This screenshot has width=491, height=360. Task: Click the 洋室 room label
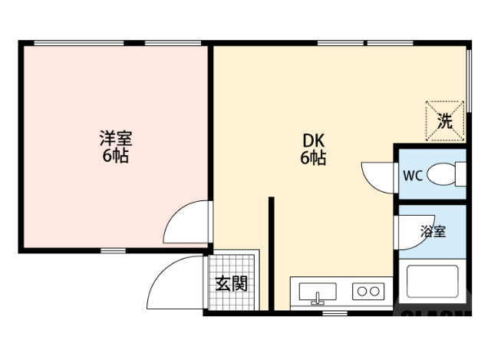pyautogui.click(x=116, y=139)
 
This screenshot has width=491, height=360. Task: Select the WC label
pyautogui.click(x=413, y=175)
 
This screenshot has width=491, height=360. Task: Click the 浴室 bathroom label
pyautogui.click(x=433, y=231)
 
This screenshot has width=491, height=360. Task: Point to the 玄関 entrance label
pyautogui.click(x=231, y=283)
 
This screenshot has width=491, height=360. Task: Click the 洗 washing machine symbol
pyautogui.click(x=445, y=121)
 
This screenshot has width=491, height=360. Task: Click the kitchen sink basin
pyautogui.click(x=317, y=292)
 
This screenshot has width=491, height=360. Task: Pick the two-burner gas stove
pyautogui.click(x=367, y=291)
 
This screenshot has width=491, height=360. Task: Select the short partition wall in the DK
pyautogui.click(x=271, y=253)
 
